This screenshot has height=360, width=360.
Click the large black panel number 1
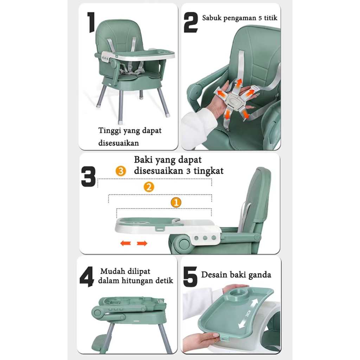(91, 22)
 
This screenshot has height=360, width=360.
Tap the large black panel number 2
(191, 22)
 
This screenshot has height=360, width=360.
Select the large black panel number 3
(88, 176)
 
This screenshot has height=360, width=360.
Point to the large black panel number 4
(86, 277)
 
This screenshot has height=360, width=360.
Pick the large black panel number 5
(190, 277)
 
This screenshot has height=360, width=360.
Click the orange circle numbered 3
(121, 171)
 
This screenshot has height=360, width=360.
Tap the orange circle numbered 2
(149, 187)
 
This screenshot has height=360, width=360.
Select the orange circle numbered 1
(176, 202)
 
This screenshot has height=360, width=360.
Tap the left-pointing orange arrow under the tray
(126, 243)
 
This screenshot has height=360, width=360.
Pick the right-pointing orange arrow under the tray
(142, 243)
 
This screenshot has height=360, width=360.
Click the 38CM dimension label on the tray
(248, 313)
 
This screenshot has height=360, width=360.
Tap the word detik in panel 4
(164, 280)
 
